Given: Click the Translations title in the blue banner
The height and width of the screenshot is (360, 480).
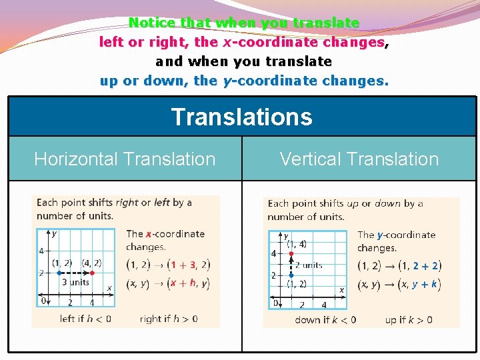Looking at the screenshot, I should pyautogui.click(x=241, y=117).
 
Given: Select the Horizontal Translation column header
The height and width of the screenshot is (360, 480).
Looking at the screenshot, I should pyautogui.click(x=125, y=159).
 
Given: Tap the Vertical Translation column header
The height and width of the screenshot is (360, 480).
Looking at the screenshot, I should pyautogui.click(x=359, y=159).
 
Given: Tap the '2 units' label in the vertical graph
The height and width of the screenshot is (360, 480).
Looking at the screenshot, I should pyautogui.click(x=309, y=265).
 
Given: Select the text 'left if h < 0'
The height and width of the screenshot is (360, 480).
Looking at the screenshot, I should pyautogui.click(x=85, y=319).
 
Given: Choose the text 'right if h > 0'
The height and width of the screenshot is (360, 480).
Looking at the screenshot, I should pyautogui.click(x=168, y=319).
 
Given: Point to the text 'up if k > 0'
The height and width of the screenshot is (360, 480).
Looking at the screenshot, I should pyautogui.click(x=409, y=320).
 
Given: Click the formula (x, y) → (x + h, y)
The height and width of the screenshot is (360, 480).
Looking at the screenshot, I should pyautogui.click(x=167, y=283).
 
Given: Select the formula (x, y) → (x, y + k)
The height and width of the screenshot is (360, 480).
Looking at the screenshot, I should pyautogui.click(x=399, y=284).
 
